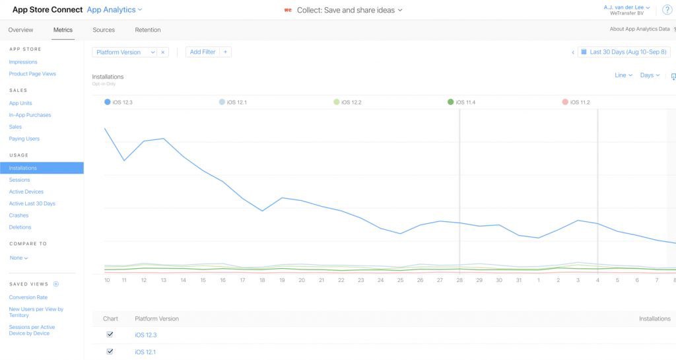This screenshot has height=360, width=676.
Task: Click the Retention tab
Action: [x=147, y=30]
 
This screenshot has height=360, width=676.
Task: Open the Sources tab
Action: [x=104, y=30]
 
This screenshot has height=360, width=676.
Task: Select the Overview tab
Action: [x=20, y=30]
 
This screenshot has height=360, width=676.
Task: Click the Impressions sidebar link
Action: [x=23, y=62]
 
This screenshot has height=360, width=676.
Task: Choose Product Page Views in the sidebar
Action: [x=32, y=74]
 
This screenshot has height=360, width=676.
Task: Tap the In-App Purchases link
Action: [x=30, y=115]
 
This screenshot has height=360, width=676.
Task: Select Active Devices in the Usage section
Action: [x=26, y=192]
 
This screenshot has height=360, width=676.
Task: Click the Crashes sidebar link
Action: [x=18, y=215]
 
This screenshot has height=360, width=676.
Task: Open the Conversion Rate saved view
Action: [x=28, y=297]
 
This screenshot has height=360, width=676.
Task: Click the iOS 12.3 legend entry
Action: [x=120, y=102]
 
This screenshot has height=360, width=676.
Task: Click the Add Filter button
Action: [x=203, y=52]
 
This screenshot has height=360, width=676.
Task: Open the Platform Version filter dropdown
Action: [x=125, y=52]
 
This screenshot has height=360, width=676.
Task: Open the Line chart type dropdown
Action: [x=623, y=75]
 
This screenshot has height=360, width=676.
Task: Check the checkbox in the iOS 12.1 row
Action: [x=110, y=351]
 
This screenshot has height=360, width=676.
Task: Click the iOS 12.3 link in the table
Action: [x=145, y=335]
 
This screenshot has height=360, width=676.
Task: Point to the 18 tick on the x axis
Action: [x=263, y=280]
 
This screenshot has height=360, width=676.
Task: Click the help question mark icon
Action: [x=667, y=9]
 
